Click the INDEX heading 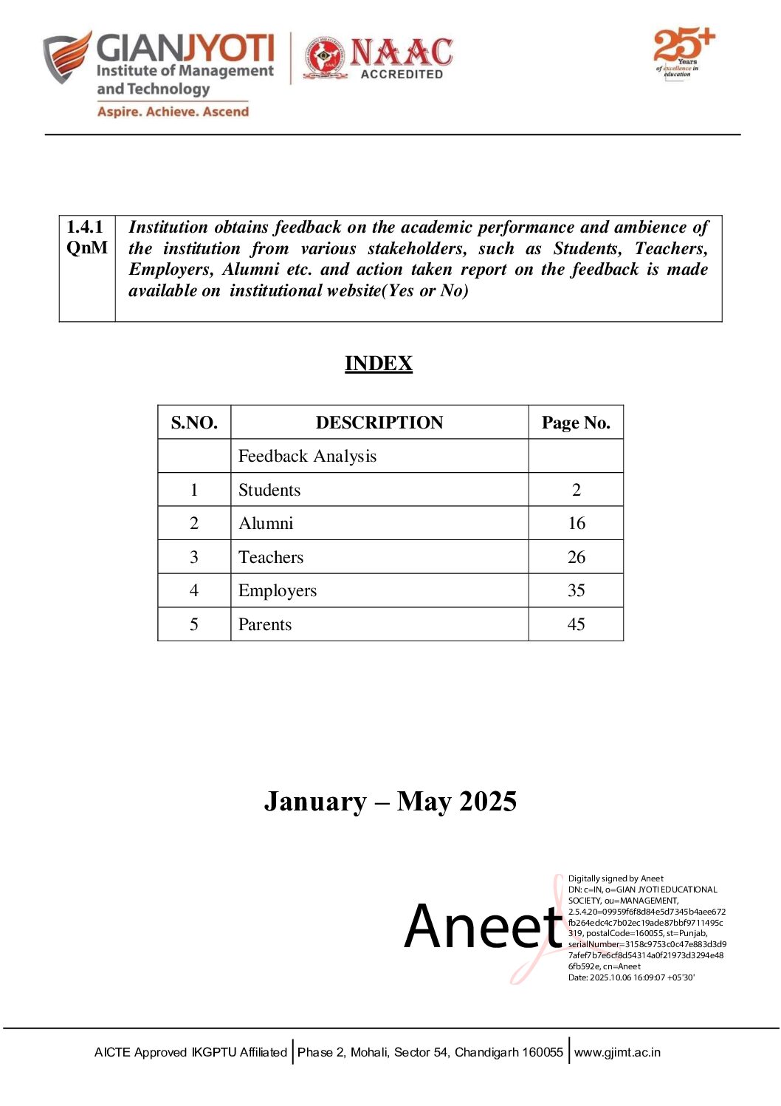pos(378,363)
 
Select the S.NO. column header pos(194,423)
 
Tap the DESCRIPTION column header pos(379,423)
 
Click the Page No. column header pos(576,423)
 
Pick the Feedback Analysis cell pos(307,457)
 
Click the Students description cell pos(269,490)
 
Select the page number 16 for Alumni pos(576,523)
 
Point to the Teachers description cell pos(271,557)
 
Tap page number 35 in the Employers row pos(576,590)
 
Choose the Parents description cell pos(265,624)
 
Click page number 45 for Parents pos(576,624)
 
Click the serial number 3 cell pos(194,557)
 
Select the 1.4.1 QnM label pos(86,237)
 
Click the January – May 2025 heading pos(390,802)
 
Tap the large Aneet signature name pos(484,927)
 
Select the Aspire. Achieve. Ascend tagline pos(173,112)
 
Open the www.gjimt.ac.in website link pos(617,1052)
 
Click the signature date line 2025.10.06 pos(631,977)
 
